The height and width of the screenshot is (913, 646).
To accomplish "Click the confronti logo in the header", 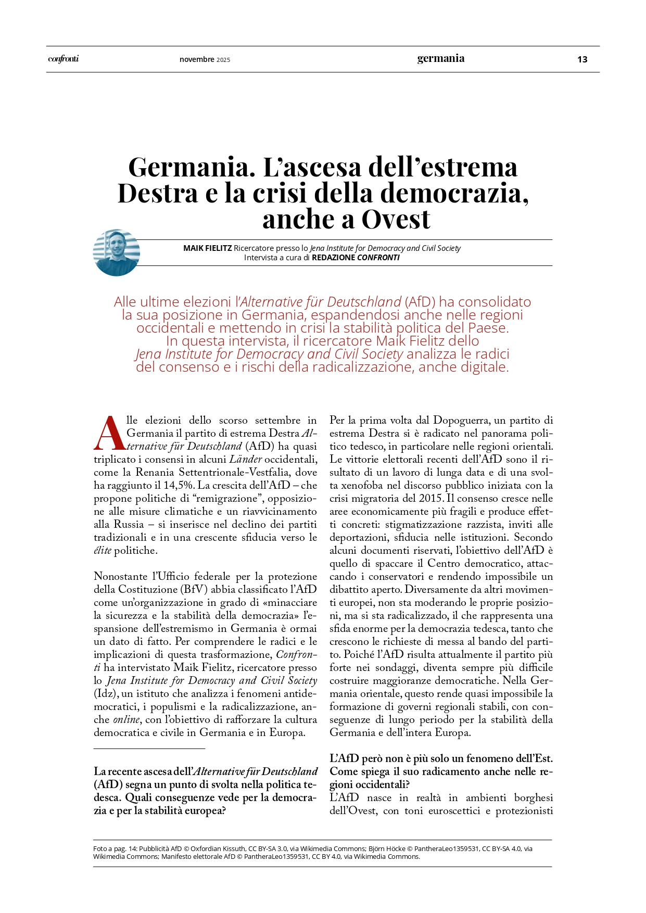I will click(64, 59).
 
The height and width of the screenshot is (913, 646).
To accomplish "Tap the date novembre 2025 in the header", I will click(205, 59).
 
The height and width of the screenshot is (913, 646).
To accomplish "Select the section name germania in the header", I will click(440, 58).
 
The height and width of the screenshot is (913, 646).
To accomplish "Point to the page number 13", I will click(582, 59).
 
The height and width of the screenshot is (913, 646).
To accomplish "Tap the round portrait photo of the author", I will click(117, 252).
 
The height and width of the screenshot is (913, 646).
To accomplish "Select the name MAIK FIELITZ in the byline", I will click(207, 248).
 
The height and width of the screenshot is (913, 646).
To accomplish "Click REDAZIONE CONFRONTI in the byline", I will click(356, 258).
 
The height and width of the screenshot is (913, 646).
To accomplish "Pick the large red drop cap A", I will click(109, 433).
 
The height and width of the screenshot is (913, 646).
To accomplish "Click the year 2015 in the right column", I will click(430, 498).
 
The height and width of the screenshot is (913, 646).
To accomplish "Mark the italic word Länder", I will click(246, 459).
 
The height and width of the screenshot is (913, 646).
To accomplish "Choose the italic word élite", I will click(103, 550).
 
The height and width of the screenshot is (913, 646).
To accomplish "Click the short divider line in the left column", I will click(149, 749).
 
